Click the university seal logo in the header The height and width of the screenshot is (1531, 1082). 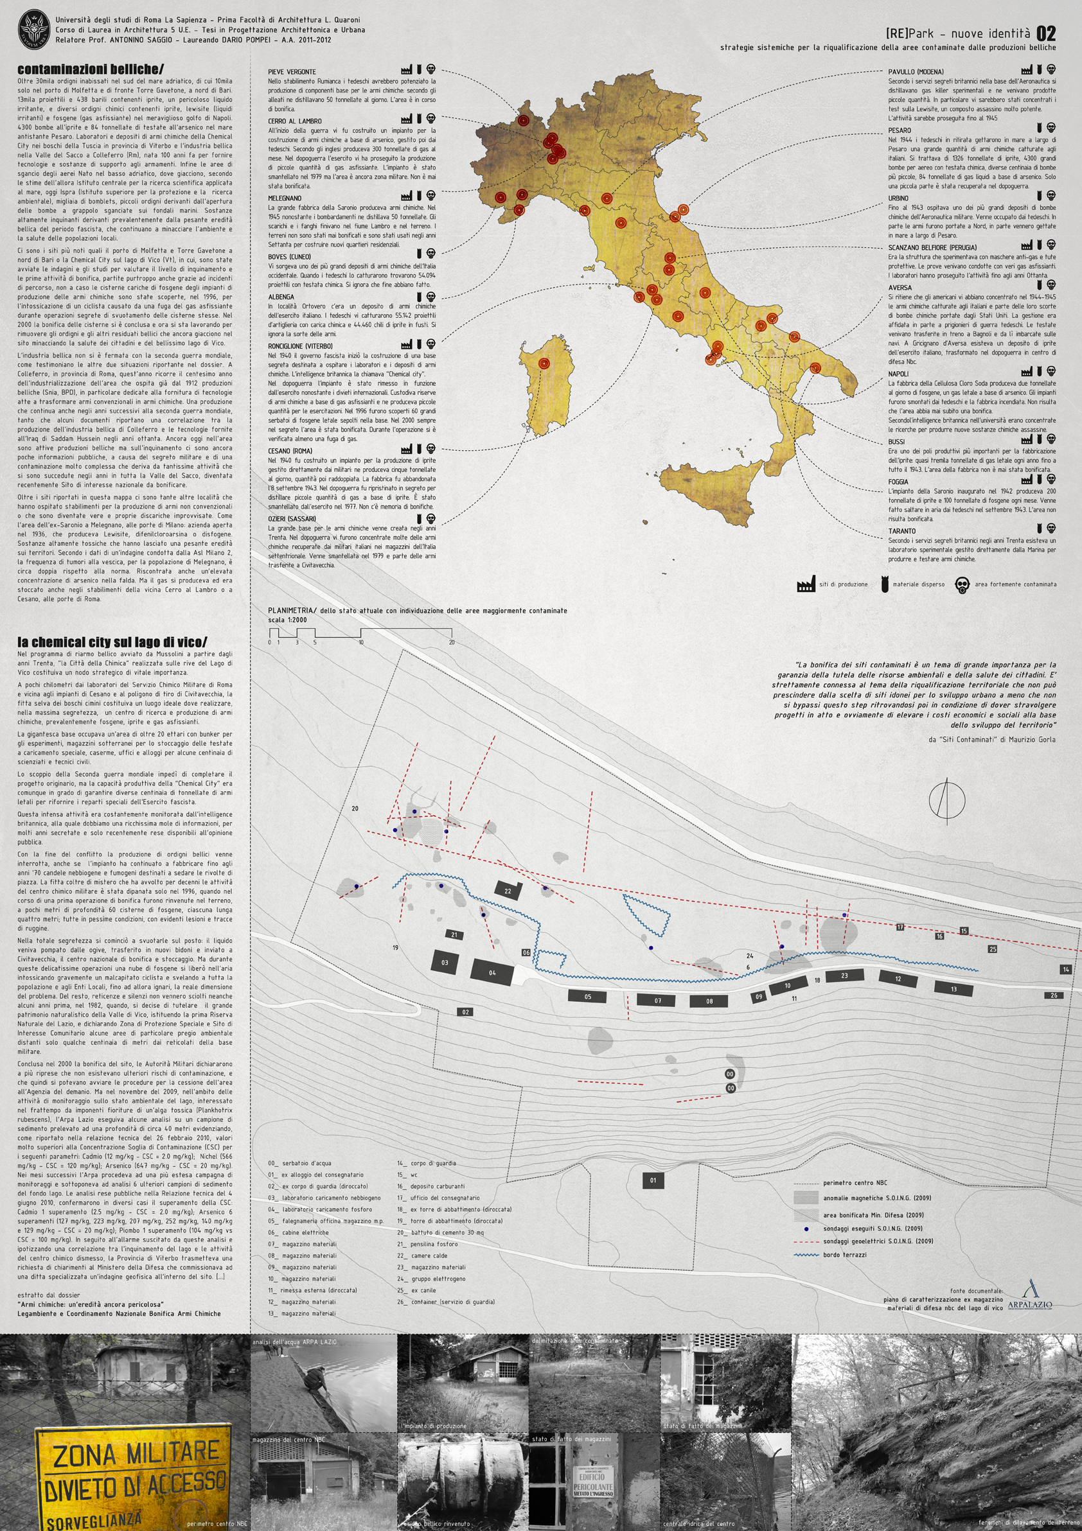(x=33, y=30)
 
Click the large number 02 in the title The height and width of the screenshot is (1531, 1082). (x=1046, y=34)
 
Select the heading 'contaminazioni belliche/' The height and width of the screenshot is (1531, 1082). (x=90, y=69)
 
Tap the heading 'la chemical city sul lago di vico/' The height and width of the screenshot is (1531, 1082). (x=112, y=642)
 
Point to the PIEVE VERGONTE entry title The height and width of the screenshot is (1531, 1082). (x=292, y=71)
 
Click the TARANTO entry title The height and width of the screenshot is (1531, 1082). (x=902, y=531)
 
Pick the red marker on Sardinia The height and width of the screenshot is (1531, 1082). (x=544, y=363)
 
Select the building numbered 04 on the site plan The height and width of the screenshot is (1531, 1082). (x=492, y=972)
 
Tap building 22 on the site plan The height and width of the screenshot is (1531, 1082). (x=508, y=890)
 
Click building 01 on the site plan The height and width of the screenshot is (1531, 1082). (x=653, y=1180)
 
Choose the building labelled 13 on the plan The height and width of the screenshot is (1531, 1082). (x=953, y=989)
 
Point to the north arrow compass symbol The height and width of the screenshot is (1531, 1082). (x=946, y=798)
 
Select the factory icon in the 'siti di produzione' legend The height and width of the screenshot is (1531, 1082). (x=806, y=585)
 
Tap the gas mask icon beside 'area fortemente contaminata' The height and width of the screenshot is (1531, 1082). (x=961, y=586)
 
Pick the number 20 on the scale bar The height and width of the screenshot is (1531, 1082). (x=452, y=642)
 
